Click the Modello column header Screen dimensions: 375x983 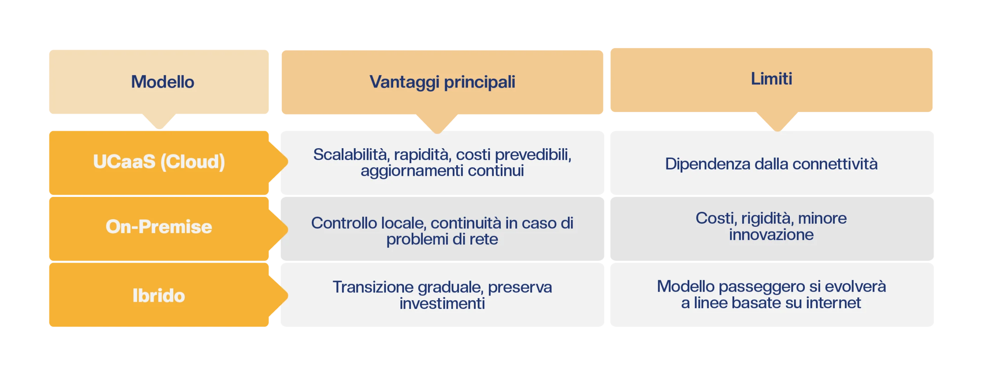click(x=162, y=82)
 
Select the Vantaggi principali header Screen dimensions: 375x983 click(x=442, y=82)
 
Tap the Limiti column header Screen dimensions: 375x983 click(x=771, y=79)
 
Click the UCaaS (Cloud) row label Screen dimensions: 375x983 click(x=159, y=162)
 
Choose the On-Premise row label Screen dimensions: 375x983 click(x=159, y=226)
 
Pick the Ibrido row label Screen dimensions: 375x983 click(x=159, y=296)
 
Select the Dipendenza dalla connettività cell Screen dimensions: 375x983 click(x=771, y=164)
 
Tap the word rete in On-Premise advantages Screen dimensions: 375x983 click(x=485, y=240)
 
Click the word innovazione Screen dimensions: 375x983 click(x=771, y=235)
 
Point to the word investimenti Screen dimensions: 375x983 click(x=442, y=304)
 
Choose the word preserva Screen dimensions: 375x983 click(x=520, y=287)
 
